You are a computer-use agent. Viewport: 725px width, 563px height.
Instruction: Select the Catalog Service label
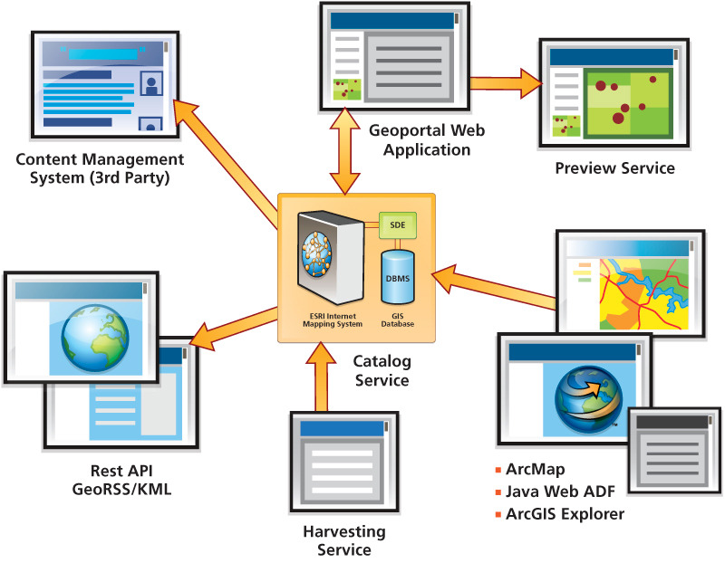[x=382, y=370]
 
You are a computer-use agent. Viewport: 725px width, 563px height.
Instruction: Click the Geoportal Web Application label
[x=427, y=139]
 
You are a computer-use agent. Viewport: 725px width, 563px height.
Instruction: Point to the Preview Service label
[x=614, y=167]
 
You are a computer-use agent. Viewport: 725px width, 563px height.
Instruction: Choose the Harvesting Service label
[x=343, y=540]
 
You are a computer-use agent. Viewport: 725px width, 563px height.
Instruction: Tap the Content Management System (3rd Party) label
[x=100, y=167]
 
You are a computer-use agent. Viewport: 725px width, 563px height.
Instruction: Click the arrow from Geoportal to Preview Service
[x=503, y=81]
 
